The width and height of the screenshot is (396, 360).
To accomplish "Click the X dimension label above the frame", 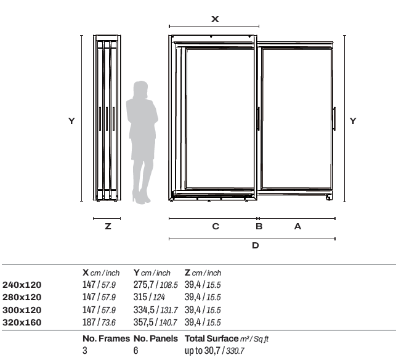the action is [x=215, y=19].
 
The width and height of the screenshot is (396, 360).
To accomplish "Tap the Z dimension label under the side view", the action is [x=108, y=226].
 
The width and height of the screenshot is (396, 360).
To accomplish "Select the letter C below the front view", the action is [x=216, y=226].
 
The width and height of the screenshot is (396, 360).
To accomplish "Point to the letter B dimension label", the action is [x=259, y=226].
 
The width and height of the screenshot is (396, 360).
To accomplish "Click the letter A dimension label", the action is [x=297, y=226].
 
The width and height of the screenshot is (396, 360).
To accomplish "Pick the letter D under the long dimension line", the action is [x=256, y=245].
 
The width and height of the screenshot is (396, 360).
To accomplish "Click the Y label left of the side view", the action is [x=71, y=121].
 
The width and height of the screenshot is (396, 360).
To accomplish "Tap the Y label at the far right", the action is [x=353, y=121].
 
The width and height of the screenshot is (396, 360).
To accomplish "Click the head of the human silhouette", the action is [x=140, y=89].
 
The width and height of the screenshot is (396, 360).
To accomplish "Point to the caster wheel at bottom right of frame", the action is [x=329, y=198].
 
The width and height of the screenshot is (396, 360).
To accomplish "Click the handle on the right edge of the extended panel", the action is [x=334, y=119].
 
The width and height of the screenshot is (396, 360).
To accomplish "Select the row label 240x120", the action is [x=22, y=285].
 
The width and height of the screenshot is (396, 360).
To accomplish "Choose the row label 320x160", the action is [x=22, y=322].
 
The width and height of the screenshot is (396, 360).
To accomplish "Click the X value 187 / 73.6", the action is [x=99, y=322].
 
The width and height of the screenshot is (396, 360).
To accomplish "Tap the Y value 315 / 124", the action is [x=149, y=297].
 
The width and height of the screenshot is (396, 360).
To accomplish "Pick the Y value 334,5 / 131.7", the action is [x=156, y=310].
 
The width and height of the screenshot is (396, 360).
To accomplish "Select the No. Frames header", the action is [x=106, y=338].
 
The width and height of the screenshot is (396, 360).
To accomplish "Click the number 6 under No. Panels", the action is [x=136, y=351].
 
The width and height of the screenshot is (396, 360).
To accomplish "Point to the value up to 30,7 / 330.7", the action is [x=214, y=351].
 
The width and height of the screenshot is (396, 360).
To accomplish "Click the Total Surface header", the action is [x=211, y=338].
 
